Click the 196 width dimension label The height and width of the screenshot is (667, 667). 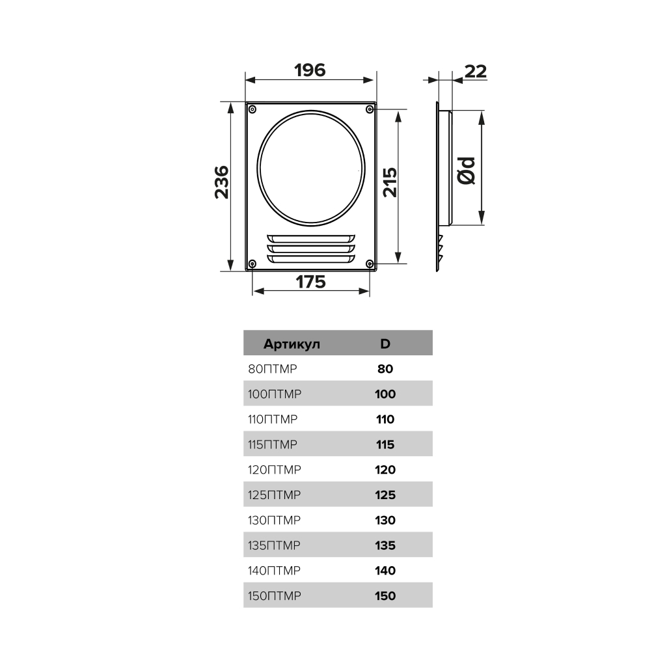(x=310, y=70)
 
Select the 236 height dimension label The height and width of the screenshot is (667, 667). (x=222, y=182)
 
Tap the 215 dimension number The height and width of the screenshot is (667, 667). (x=390, y=182)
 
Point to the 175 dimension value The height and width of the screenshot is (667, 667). (x=310, y=282)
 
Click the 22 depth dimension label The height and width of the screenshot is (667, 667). (x=476, y=72)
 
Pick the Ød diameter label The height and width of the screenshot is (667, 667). (x=466, y=170)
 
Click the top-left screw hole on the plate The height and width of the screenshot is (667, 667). (x=252, y=109)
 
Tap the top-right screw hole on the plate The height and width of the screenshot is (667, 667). (x=370, y=109)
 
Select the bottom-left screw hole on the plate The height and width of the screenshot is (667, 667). (x=252, y=264)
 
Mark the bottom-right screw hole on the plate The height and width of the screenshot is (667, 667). (x=370, y=264)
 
